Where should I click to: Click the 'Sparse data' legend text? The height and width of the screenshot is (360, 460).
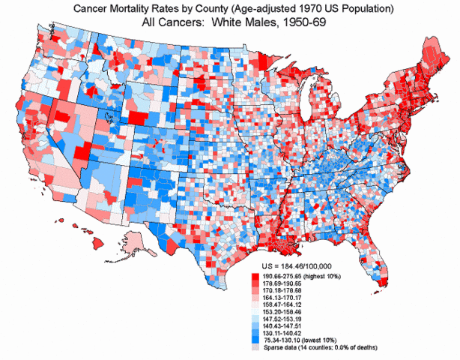[281, 347]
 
